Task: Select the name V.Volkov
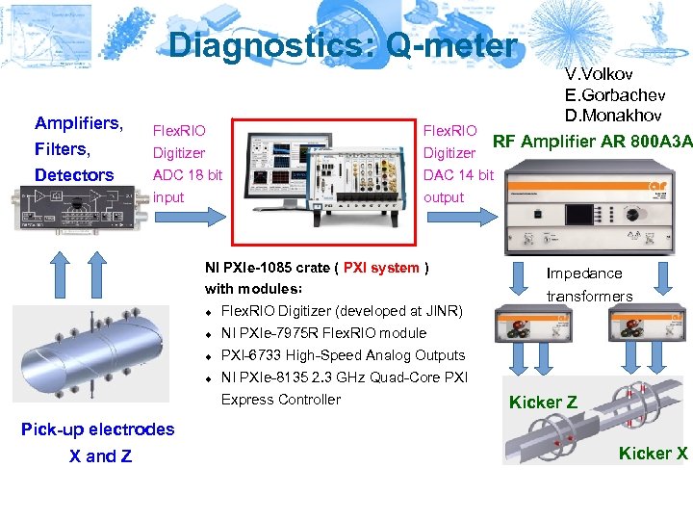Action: (600, 74)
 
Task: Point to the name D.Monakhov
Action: (613, 117)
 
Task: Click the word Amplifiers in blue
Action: (79, 123)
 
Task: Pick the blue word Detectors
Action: (74, 175)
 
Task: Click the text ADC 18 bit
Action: (188, 174)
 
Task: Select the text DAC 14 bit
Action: (458, 174)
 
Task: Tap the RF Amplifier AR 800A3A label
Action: (592, 143)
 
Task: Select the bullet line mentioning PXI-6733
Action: (343, 355)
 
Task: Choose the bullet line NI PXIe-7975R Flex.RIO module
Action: (323, 333)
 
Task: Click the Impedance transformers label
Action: (589, 285)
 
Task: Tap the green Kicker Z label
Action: (543, 403)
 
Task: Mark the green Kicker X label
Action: (653, 453)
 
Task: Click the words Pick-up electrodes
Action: (98, 429)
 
